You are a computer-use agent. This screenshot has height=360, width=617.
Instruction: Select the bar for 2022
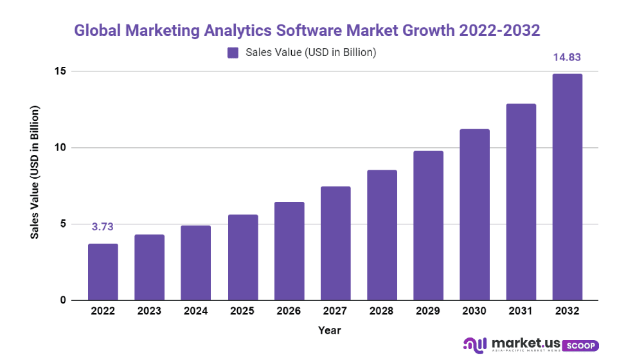[103, 272]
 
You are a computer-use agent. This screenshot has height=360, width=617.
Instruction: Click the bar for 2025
[242, 257]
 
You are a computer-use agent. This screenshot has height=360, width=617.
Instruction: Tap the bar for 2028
[382, 235]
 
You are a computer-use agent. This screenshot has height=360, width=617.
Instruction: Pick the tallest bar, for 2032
[568, 187]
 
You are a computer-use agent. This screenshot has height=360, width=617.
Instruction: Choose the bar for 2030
[475, 215]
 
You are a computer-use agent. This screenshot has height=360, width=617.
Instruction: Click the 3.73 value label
[103, 226]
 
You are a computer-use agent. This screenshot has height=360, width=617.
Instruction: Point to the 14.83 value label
[568, 57]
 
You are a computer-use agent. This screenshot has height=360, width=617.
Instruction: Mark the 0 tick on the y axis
[62, 300]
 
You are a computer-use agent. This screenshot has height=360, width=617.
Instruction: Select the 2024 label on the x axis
[196, 311]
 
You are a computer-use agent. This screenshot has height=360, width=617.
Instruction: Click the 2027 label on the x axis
[335, 311]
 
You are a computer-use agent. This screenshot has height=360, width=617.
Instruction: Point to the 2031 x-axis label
[521, 311]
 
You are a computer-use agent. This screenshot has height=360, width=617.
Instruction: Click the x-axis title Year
[329, 330]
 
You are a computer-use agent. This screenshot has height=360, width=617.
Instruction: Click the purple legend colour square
[233, 53]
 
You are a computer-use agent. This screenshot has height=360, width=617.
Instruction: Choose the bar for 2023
[149, 267]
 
